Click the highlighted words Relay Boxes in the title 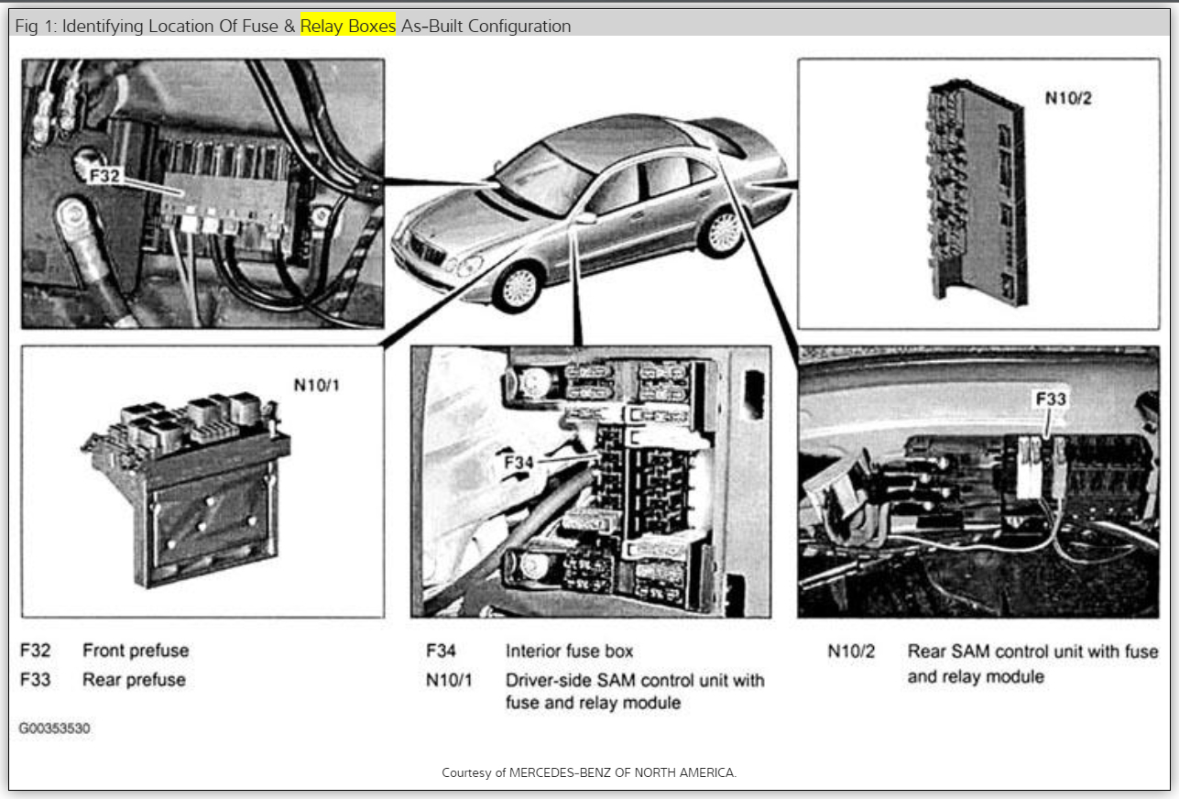pos(347,27)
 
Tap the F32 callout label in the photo pos(104,174)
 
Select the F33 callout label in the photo pos(1051,399)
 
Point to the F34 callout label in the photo pos(519,463)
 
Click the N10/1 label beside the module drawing pos(316,386)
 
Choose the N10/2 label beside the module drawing pos(1068,98)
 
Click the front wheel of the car pos(518,287)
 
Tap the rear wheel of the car pos(722,233)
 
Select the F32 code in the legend pos(36,651)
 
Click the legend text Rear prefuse pos(134,680)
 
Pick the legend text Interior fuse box pos(569,651)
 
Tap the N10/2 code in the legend pos(851,651)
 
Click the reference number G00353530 pos(54,728)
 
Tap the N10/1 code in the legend pos(450,681)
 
